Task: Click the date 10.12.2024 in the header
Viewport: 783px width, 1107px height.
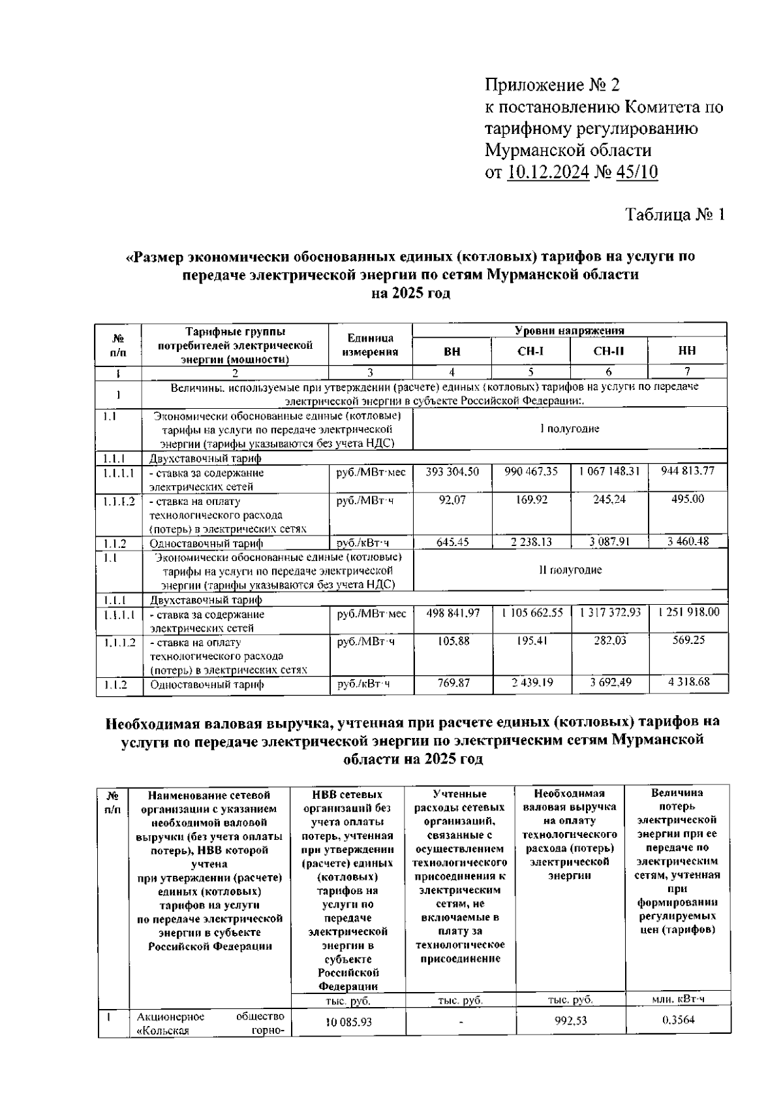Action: (x=547, y=172)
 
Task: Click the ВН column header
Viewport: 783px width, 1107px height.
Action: (x=452, y=351)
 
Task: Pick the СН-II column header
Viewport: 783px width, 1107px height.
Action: (x=609, y=351)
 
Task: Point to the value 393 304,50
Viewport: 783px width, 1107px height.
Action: (x=452, y=472)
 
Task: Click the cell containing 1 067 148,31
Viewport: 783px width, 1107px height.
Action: (x=609, y=472)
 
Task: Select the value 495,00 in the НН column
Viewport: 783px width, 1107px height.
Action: (x=688, y=499)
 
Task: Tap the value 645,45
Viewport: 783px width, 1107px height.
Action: (x=452, y=542)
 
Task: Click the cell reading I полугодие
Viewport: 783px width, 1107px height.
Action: (x=570, y=429)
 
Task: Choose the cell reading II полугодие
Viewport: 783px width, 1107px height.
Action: (x=570, y=570)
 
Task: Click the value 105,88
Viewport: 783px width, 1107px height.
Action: (x=452, y=641)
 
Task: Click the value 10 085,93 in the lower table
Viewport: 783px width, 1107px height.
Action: (x=348, y=1022)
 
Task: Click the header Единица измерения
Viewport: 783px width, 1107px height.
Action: (x=370, y=345)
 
